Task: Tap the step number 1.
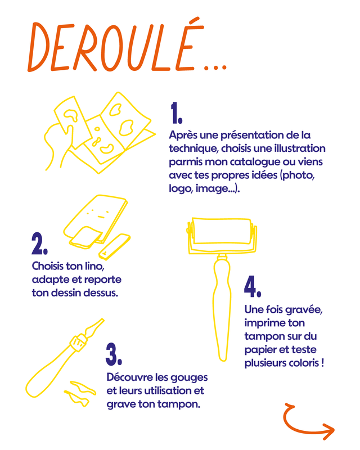[x=176, y=113]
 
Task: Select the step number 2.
[x=39, y=244]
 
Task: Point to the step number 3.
[x=114, y=354]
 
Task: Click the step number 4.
[x=253, y=286]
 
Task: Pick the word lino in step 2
[x=93, y=266]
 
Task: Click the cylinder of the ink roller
[x=221, y=231]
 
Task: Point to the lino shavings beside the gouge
[x=80, y=393]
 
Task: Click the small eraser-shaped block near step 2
[x=115, y=247]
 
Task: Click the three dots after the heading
[x=215, y=68]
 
